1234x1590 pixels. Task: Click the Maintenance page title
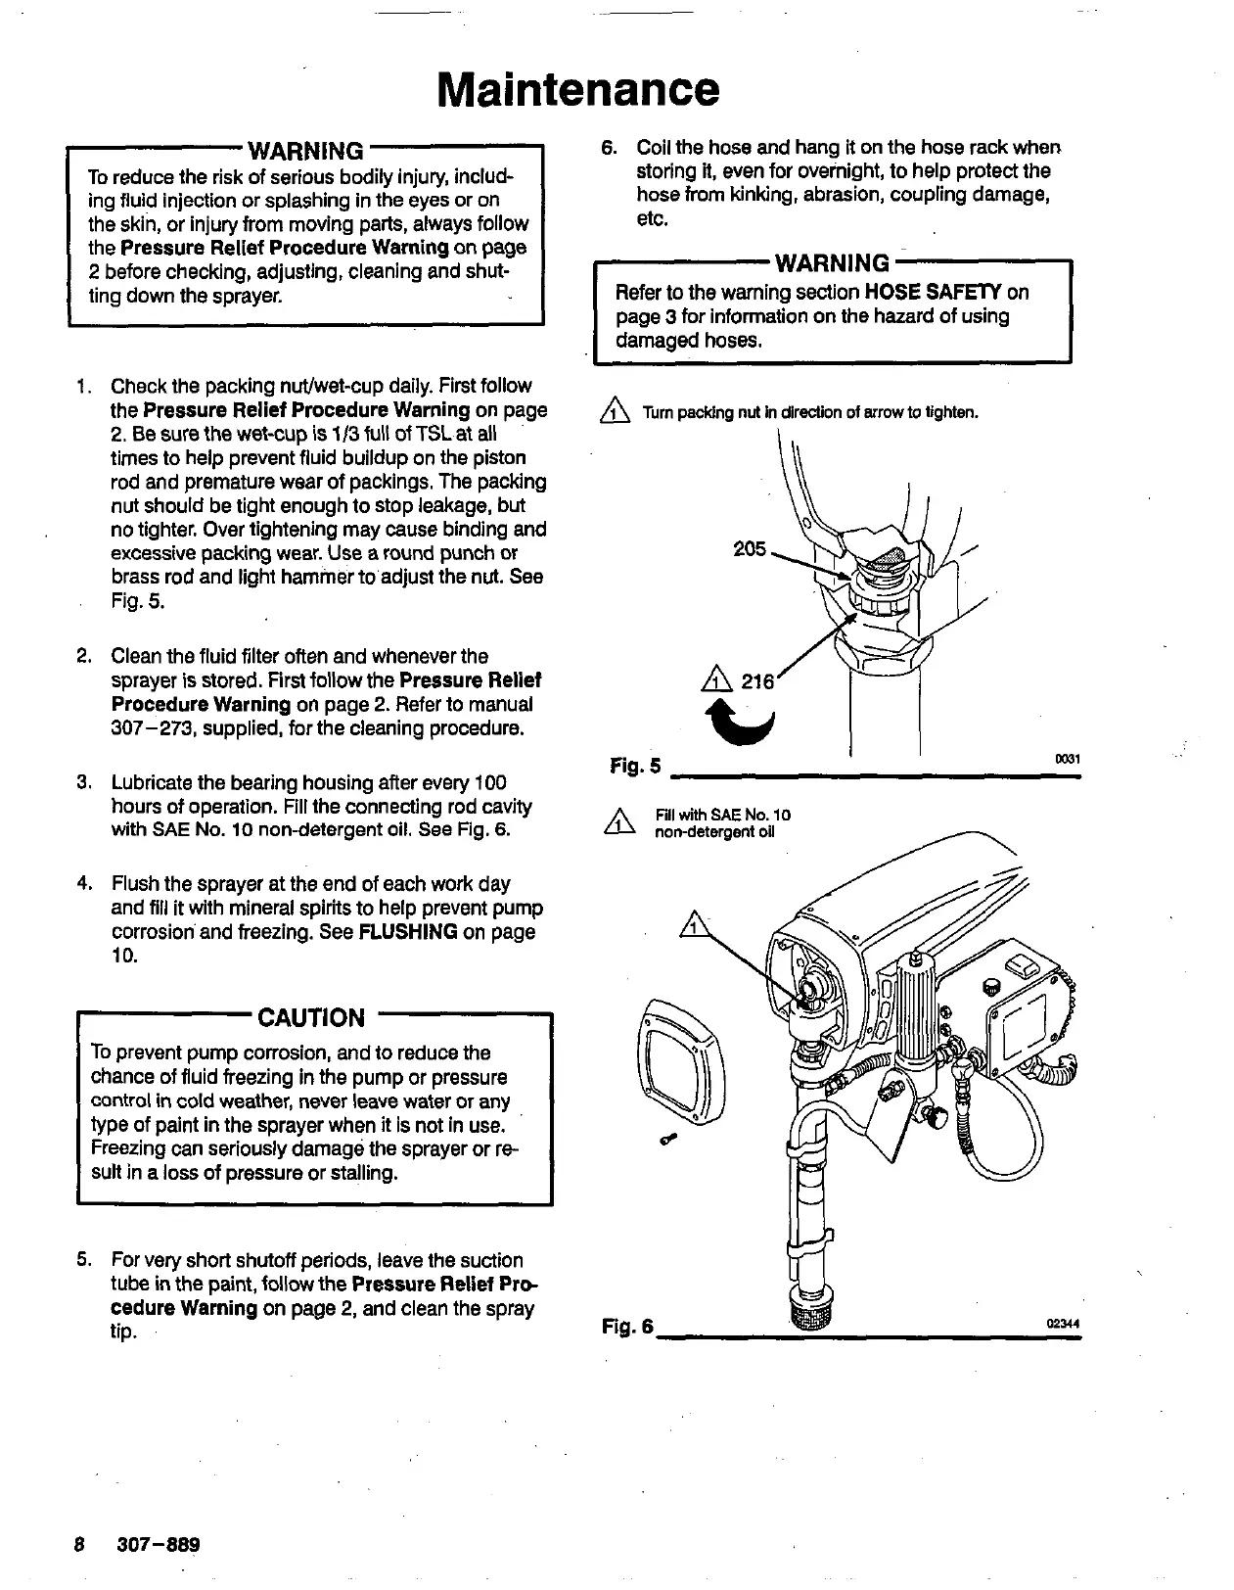coord(577,88)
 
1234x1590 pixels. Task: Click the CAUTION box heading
coord(310,1017)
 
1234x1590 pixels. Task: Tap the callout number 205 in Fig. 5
coord(750,549)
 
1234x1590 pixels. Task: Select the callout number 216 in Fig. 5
coord(756,679)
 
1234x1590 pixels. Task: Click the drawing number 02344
coord(1063,1324)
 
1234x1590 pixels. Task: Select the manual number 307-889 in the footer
coord(158,1545)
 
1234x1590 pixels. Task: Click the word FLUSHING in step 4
coord(408,931)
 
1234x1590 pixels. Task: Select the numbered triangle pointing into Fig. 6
coord(691,925)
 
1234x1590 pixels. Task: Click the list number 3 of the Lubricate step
coord(84,783)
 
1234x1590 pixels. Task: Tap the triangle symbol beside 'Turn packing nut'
coord(617,412)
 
